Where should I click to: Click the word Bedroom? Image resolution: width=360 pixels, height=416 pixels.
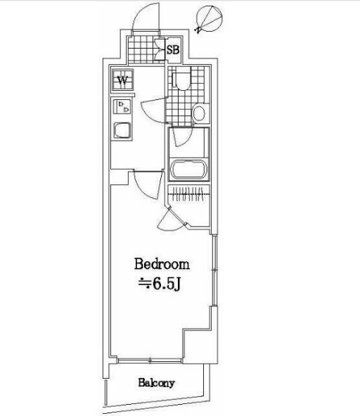[x=162, y=264]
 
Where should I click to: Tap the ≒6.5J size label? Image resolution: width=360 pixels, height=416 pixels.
[x=160, y=284]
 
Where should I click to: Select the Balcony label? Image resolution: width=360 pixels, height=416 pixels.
[x=156, y=383]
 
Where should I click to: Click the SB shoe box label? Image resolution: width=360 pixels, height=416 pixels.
[x=173, y=50]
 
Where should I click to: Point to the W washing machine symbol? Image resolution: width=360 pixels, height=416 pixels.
[x=123, y=80]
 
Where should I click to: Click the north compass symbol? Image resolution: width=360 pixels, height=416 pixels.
[x=209, y=18]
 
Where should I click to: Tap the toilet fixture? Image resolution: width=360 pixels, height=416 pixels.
[x=181, y=79]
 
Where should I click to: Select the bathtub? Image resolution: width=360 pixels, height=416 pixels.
[x=188, y=169]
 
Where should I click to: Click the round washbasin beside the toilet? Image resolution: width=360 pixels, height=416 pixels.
[x=199, y=113]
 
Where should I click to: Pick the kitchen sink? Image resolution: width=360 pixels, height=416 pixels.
[x=122, y=131]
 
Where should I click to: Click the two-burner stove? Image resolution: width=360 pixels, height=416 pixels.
[x=122, y=107]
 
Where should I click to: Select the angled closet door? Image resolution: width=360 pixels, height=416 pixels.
[x=172, y=219]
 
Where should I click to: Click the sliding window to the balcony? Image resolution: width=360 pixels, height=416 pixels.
[x=150, y=360]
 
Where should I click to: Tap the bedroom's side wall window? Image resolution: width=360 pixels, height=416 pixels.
[x=215, y=270]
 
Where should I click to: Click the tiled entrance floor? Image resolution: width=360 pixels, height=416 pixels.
[x=141, y=49]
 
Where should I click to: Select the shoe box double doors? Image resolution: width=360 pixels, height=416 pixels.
[x=160, y=49]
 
